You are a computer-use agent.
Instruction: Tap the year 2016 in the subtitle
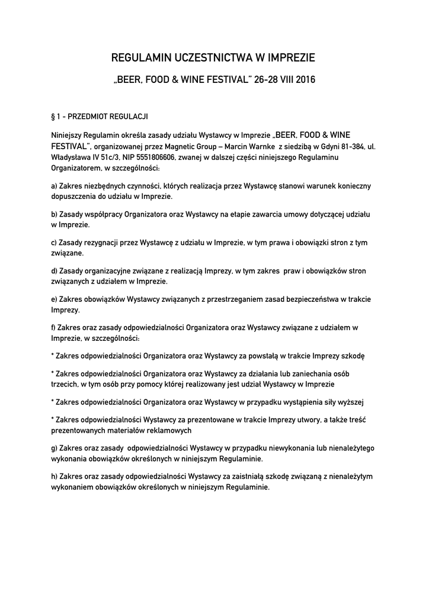coord(305,79)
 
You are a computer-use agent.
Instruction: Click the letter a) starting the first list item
coord(55,186)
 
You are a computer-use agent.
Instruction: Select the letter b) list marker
coord(55,214)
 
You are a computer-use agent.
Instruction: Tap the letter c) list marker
coord(54,243)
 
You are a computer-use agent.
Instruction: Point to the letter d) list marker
coord(55,270)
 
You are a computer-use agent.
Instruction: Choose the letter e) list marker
coord(55,299)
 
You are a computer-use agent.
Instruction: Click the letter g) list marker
coord(55,448)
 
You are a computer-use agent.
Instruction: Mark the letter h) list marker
coord(55,476)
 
